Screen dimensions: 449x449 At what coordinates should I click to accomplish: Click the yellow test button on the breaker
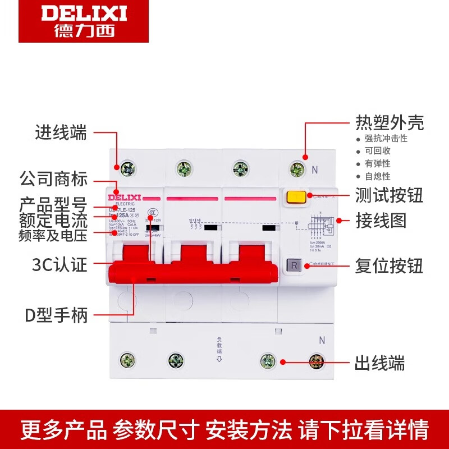point(296,198)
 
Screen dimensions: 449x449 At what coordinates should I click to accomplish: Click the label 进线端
point(61,133)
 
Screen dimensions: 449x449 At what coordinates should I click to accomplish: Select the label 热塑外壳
point(390,122)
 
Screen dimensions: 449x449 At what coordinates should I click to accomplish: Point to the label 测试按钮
point(389,195)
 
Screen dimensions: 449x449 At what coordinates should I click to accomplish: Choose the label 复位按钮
point(389,265)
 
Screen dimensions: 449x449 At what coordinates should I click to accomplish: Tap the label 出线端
point(380,363)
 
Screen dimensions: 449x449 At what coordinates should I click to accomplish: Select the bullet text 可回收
point(377,151)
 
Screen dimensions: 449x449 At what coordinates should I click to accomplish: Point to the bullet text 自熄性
point(377,176)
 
